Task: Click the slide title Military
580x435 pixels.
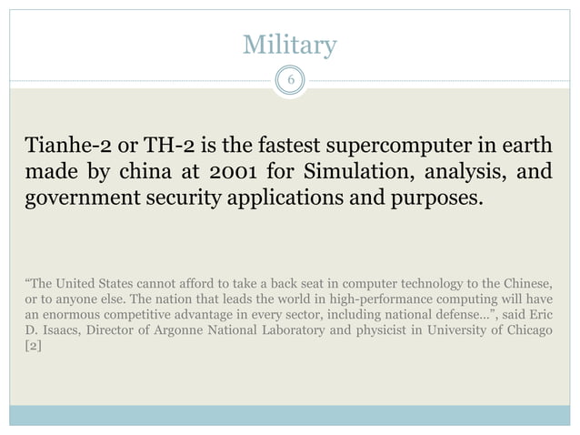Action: [x=290, y=45]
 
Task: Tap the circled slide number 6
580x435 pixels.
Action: [x=290, y=81]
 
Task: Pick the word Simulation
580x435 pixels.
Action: [x=355, y=173]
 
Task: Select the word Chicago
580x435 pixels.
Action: [x=525, y=329]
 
